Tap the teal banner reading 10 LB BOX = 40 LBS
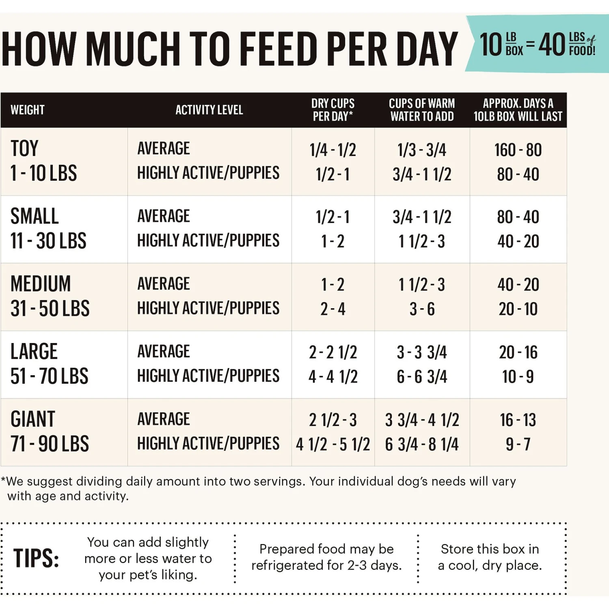point(537,44)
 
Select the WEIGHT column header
point(28,110)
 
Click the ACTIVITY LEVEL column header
point(209,110)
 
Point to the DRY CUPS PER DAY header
point(333,110)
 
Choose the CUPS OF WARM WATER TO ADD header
point(422,110)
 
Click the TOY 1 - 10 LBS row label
point(43,161)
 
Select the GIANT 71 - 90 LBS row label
point(50,432)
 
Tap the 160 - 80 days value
point(518,150)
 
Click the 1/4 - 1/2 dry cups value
point(333,150)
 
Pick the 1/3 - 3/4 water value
point(422,150)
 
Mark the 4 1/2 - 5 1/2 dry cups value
point(333,444)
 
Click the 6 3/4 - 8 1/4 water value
point(422,444)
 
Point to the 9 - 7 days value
point(518,444)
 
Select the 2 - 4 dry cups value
point(333,309)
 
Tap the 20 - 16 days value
point(518,352)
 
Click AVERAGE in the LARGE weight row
point(164,352)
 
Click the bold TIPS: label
point(36,558)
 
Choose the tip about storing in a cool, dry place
point(490,557)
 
